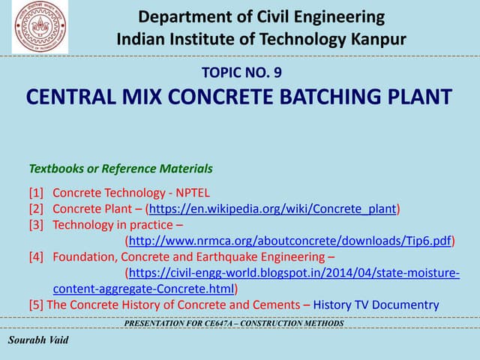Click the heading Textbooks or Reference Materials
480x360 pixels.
pos(121,169)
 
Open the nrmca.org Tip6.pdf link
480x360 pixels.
pos(290,241)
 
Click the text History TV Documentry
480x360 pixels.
pos(376,304)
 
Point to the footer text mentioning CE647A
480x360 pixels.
pos(234,323)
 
